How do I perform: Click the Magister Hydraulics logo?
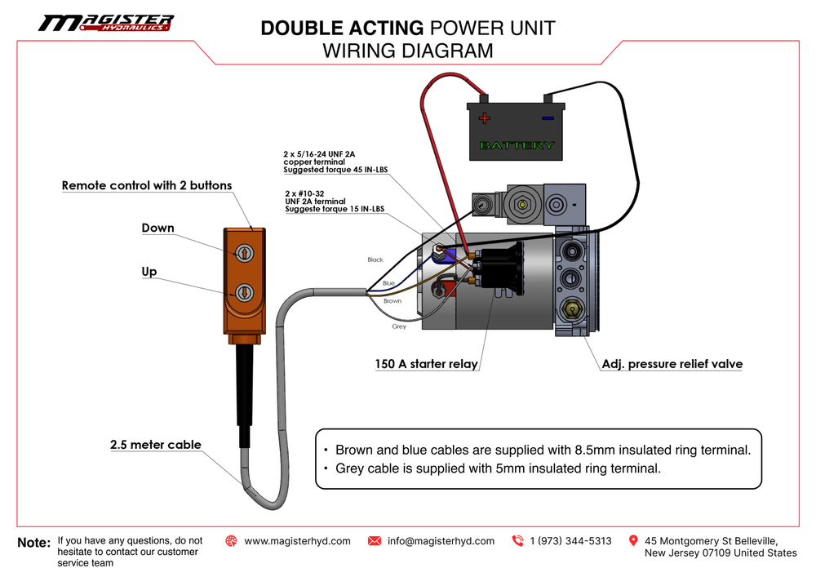(105, 23)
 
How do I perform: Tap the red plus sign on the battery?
(485, 118)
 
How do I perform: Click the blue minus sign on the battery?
(548, 118)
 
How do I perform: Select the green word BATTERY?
(517, 145)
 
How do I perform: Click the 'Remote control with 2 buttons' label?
(147, 185)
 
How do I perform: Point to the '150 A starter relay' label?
(427, 364)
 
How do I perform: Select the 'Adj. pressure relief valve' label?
(672, 364)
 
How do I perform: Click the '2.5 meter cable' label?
(155, 445)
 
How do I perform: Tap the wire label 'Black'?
(375, 260)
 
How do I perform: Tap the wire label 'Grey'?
(399, 326)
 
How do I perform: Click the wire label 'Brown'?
(392, 301)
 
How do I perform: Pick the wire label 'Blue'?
(388, 283)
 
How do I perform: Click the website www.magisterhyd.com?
(297, 541)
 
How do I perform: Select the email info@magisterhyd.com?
(441, 541)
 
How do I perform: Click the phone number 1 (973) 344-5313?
(570, 541)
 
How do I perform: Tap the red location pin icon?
(633, 540)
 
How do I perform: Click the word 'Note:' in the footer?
(33, 543)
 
